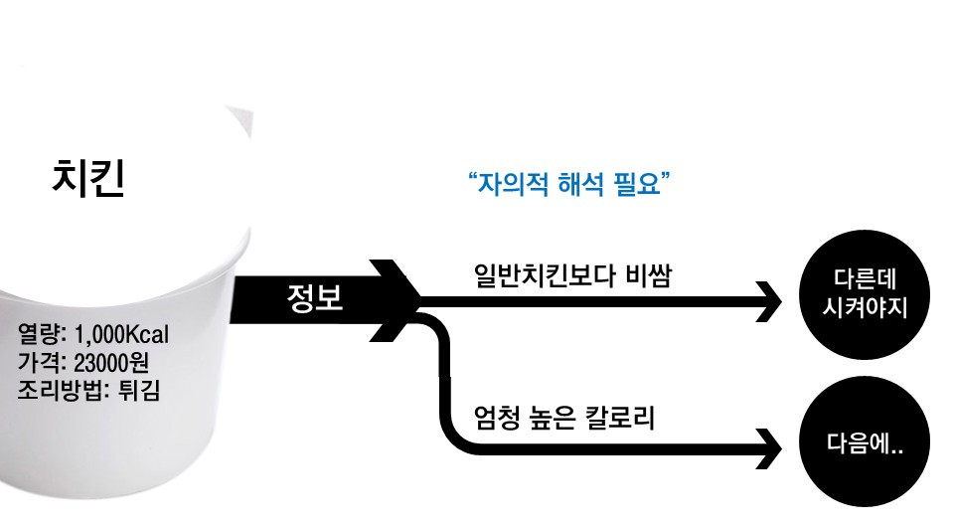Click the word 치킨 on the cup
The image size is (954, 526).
88,180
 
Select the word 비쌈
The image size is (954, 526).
648,274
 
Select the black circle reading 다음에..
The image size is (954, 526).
862,444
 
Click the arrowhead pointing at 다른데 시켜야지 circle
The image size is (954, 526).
770,301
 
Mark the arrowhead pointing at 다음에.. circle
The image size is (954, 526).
770,448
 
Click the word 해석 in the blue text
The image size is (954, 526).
578,184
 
